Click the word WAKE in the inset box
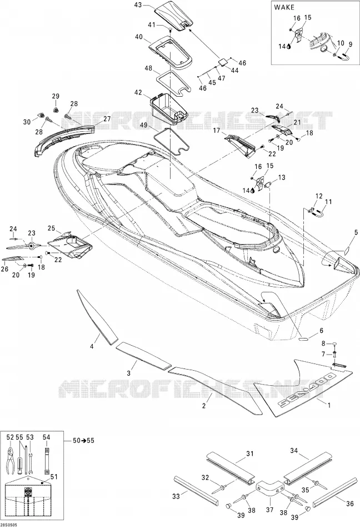coord(284,7)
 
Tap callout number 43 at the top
coord(138,5)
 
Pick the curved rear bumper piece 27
coord(64,138)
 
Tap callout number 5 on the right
coord(356,232)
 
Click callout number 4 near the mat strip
coord(92,346)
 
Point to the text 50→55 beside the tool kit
coord(83,441)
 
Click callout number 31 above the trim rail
coord(249,454)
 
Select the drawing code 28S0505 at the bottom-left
coord(9,525)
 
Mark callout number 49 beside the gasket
coord(144,125)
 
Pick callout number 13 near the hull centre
coord(282,177)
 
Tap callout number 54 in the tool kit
coord(47,437)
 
